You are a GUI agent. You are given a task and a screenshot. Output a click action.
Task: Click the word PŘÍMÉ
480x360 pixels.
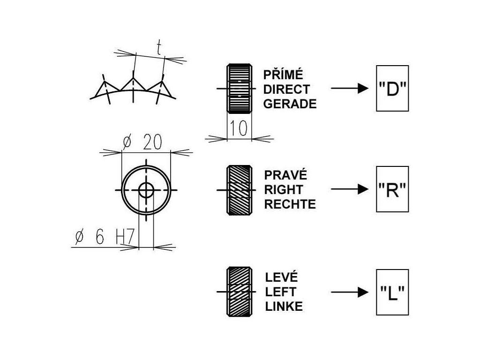click(x=283, y=75)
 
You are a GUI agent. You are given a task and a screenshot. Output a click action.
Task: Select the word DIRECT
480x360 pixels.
click(x=286, y=90)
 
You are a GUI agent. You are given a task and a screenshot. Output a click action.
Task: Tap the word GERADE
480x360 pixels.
click(x=290, y=104)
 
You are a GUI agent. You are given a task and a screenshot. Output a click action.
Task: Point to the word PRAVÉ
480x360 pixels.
click(x=285, y=175)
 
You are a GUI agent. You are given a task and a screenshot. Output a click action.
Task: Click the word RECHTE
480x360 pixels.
click(x=290, y=204)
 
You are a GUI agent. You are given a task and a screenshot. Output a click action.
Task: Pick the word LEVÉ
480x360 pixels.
click(x=281, y=277)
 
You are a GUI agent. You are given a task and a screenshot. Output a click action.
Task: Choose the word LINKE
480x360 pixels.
click(x=284, y=307)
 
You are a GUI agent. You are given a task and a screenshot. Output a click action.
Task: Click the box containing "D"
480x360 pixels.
click(x=392, y=89)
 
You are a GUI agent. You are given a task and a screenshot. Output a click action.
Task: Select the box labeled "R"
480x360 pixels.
click(x=392, y=189)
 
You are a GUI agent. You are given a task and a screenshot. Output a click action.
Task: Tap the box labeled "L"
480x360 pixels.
click(x=392, y=292)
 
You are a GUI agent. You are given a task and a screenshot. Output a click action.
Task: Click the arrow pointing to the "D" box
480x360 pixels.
click(x=350, y=89)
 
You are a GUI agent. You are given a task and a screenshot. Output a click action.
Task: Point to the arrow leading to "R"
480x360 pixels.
click(x=350, y=189)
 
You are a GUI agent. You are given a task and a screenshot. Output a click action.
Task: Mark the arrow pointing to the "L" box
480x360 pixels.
click(x=350, y=292)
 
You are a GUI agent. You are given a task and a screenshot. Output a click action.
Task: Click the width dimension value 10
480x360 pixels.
click(x=239, y=128)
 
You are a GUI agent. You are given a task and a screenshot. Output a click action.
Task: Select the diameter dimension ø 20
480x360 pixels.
click(x=142, y=142)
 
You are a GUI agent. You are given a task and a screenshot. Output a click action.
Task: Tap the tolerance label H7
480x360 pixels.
click(x=126, y=237)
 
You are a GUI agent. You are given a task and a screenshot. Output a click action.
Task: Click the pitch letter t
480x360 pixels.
click(x=158, y=48)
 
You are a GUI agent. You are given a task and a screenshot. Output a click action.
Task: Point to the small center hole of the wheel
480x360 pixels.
click(x=146, y=190)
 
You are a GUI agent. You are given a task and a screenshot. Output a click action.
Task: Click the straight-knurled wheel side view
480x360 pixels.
click(x=240, y=89)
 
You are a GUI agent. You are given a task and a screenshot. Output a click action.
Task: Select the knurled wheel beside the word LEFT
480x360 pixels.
click(x=240, y=292)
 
